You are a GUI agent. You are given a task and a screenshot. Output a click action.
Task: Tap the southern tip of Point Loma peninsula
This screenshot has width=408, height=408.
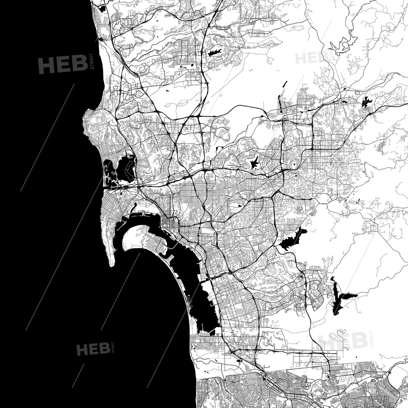[111, 264]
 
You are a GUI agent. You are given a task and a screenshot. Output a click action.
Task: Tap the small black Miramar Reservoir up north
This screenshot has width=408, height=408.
[214, 52]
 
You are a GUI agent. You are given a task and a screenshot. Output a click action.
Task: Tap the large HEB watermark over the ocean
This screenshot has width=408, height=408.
[63, 64]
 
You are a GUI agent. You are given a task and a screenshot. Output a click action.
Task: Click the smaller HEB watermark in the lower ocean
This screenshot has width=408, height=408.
[93, 349]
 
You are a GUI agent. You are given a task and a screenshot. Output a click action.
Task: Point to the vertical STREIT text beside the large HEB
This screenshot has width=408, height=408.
[92, 62]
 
